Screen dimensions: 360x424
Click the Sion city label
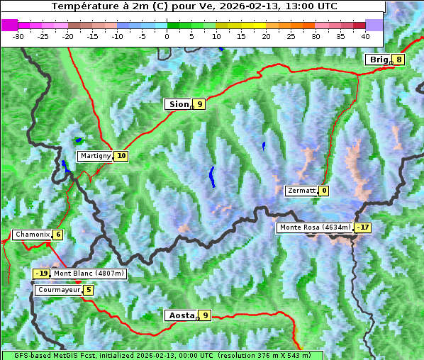(x=178, y=104)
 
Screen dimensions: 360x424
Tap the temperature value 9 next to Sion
(x=200, y=104)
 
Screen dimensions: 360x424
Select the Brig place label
(x=378, y=60)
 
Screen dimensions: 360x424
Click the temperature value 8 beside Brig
(x=399, y=60)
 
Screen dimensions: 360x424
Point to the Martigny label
(x=94, y=156)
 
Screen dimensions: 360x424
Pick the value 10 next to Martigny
(x=121, y=156)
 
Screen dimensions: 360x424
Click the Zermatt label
(x=301, y=191)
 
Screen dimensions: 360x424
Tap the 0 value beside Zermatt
(x=324, y=191)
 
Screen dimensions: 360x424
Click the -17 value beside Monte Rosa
(x=364, y=227)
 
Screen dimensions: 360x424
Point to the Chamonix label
(x=31, y=235)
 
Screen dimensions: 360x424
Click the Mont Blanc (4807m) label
(x=89, y=274)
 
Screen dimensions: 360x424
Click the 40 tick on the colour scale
(x=365, y=35)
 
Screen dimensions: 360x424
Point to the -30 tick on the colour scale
(x=18, y=35)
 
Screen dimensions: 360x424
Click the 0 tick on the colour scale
(x=167, y=35)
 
